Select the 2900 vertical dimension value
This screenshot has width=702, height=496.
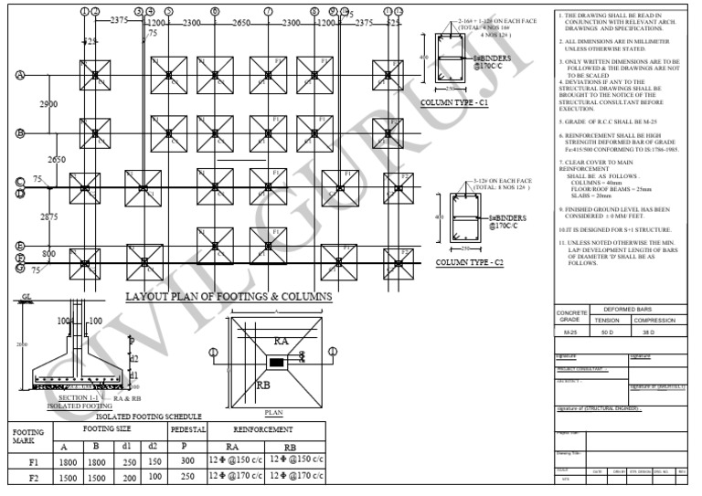click(x=48, y=105)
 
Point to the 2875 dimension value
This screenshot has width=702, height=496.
click(x=48, y=216)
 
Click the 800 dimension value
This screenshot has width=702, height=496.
click(x=48, y=254)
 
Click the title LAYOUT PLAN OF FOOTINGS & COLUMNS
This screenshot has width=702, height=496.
click(x=228, y=297)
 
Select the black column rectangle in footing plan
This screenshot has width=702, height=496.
click(x=275, y=364)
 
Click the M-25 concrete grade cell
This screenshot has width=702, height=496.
click(x=569, y=333)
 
